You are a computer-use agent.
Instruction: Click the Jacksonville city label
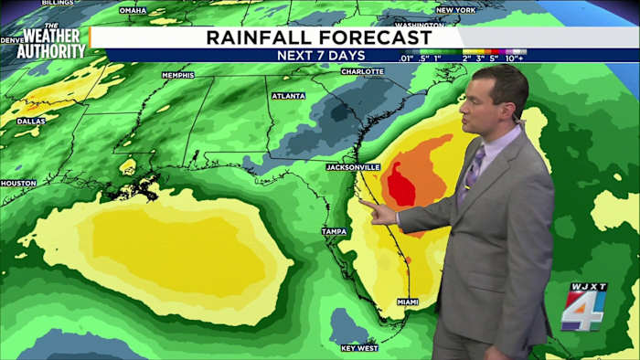pos(353,167)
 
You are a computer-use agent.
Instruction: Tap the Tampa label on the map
pos(334,232)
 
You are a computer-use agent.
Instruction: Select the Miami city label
pos(408,302)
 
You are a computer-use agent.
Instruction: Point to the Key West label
pos(358,348)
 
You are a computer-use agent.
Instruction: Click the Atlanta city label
pos(288,95)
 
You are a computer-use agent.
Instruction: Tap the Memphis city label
pos(177,75)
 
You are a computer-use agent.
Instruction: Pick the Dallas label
pos(30,121)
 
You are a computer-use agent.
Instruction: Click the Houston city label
pos(18,183)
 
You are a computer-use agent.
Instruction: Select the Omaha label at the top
pos(133,10)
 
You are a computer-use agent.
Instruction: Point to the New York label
pos(455,10)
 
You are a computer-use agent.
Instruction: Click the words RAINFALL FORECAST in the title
pos(318,37)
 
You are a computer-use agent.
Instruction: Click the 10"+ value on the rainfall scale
pos(515,58)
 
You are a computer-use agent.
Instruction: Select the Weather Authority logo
pos(50,41)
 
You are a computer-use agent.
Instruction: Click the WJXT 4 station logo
pos(583,307)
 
